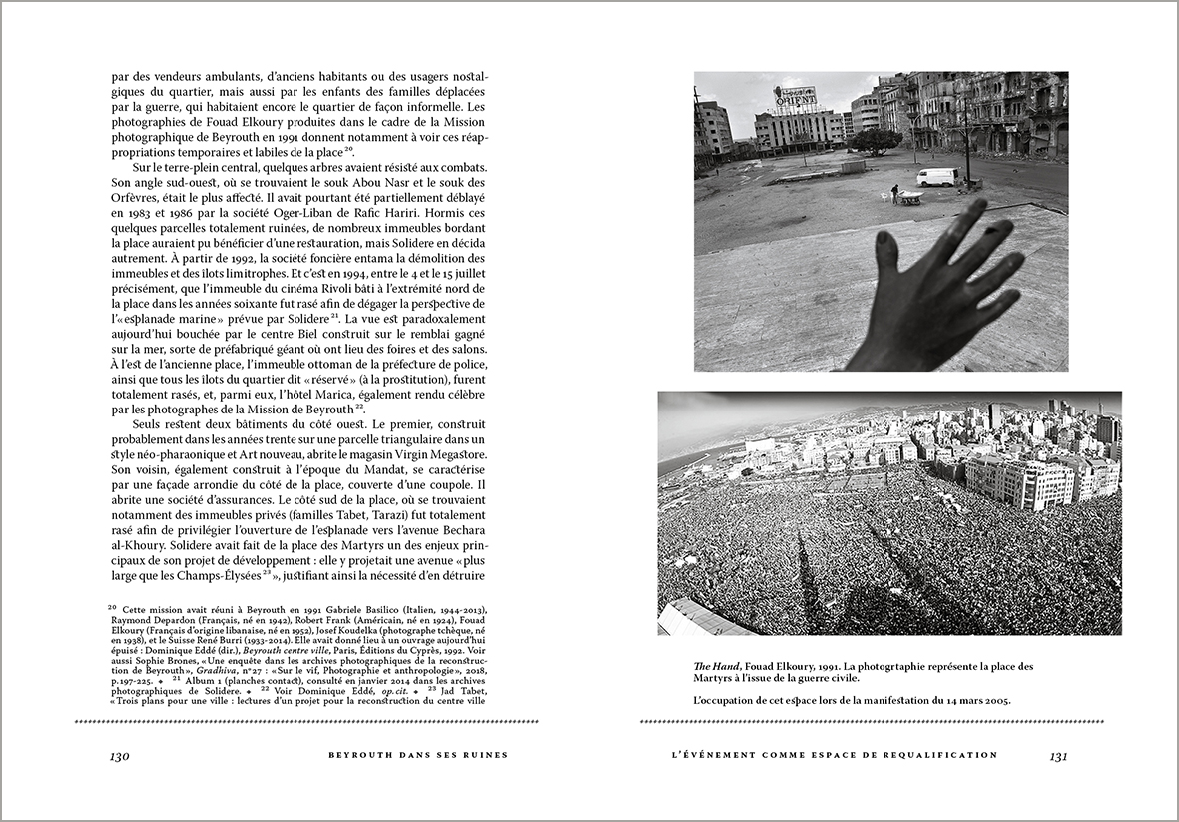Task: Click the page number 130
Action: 120,756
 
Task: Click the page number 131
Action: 1059,756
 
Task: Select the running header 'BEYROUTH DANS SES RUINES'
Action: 418,755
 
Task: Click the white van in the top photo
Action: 937,177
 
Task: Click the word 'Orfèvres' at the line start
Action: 135,197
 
